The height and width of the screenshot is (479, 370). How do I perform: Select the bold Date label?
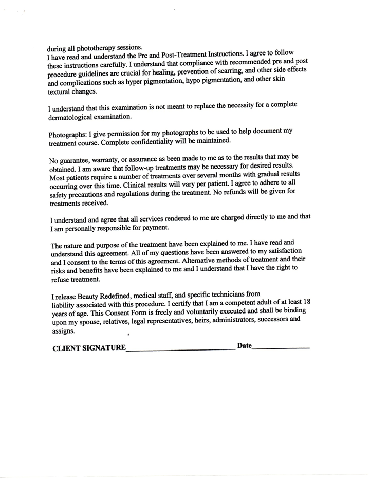tap(245, 346)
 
